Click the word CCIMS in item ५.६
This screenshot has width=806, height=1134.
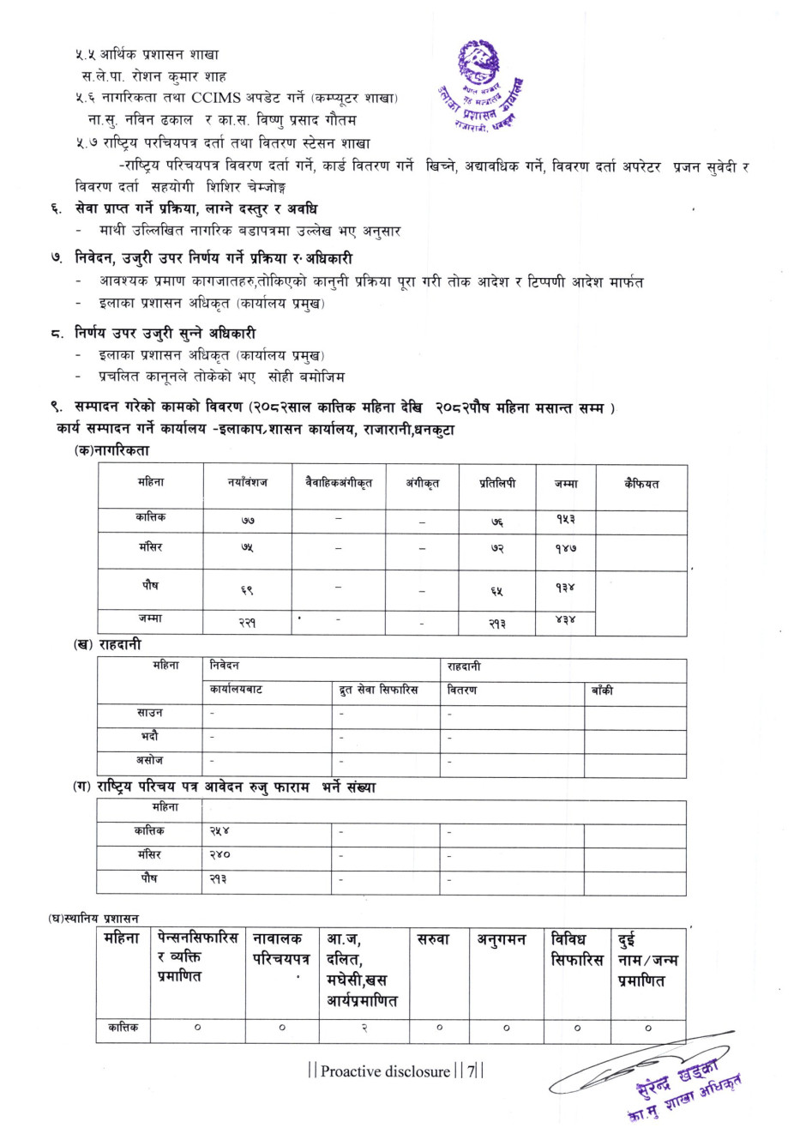220,98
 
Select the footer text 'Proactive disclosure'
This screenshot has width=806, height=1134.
385,1071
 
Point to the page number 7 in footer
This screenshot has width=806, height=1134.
470,1071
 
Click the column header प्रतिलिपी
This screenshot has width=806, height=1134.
497,484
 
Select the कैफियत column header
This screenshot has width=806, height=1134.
641,484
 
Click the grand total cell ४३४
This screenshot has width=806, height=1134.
566,620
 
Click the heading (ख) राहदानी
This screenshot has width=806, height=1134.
107,645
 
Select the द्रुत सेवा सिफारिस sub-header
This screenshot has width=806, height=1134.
378,691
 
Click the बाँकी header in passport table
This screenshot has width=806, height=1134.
602,691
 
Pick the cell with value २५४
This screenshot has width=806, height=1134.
220,831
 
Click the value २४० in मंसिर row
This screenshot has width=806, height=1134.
220,855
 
